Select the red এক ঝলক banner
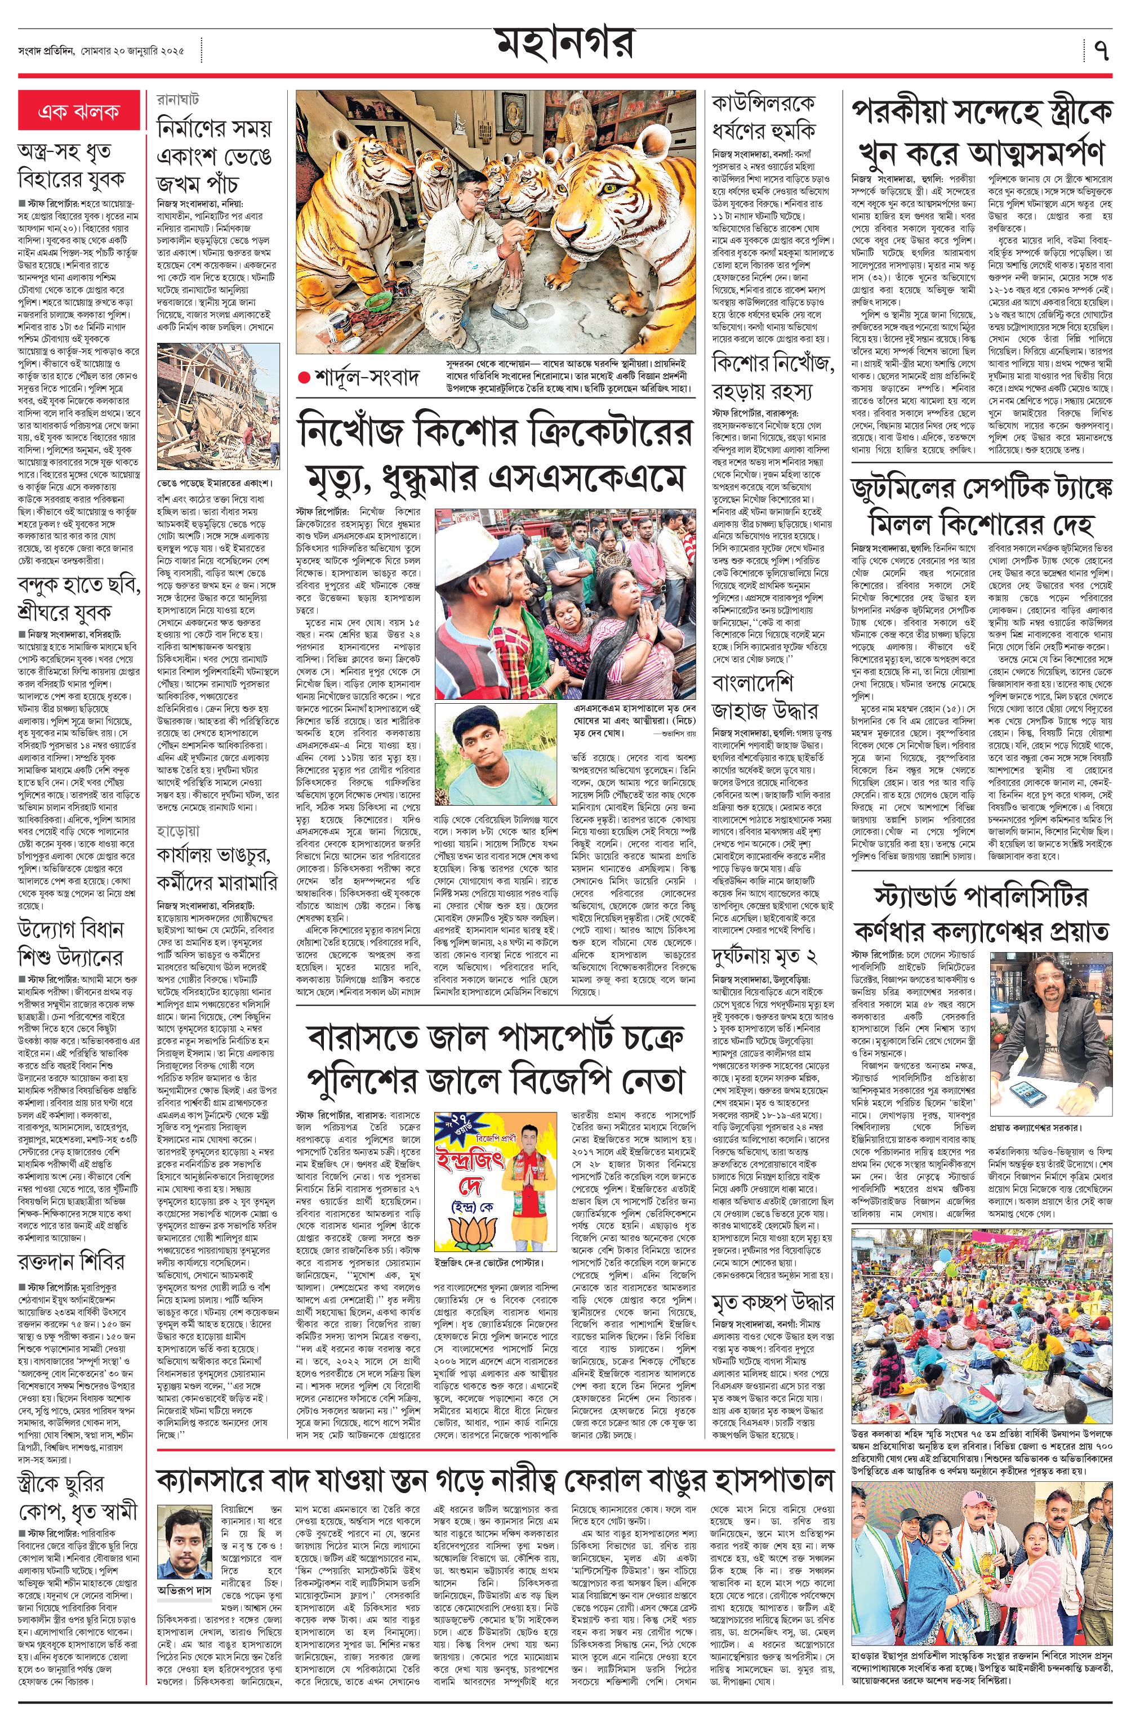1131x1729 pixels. click(x=78, y=111)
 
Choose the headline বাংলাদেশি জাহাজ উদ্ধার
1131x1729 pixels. click(x=755, y=696)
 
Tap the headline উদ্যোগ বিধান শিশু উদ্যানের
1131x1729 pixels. click(x=71, y=943)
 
